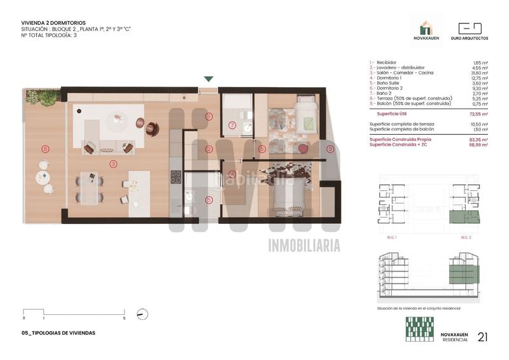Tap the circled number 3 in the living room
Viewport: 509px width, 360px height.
pos(113,163)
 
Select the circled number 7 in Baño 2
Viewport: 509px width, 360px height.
pos(232,125)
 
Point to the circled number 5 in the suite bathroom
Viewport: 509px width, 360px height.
pos(209,199)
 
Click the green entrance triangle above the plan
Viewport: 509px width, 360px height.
pos(209,79)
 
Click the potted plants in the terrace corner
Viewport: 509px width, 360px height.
pos(45,97)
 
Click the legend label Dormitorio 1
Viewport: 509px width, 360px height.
pos(387,78)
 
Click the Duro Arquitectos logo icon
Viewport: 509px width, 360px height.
pos(470,29)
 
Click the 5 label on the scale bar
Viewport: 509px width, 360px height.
pos(124,318)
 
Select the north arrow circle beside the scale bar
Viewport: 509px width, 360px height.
pos(143,314)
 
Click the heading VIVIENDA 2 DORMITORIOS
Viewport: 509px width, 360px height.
pos(53,23)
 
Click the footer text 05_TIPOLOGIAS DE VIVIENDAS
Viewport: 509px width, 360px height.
pos(58,333)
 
